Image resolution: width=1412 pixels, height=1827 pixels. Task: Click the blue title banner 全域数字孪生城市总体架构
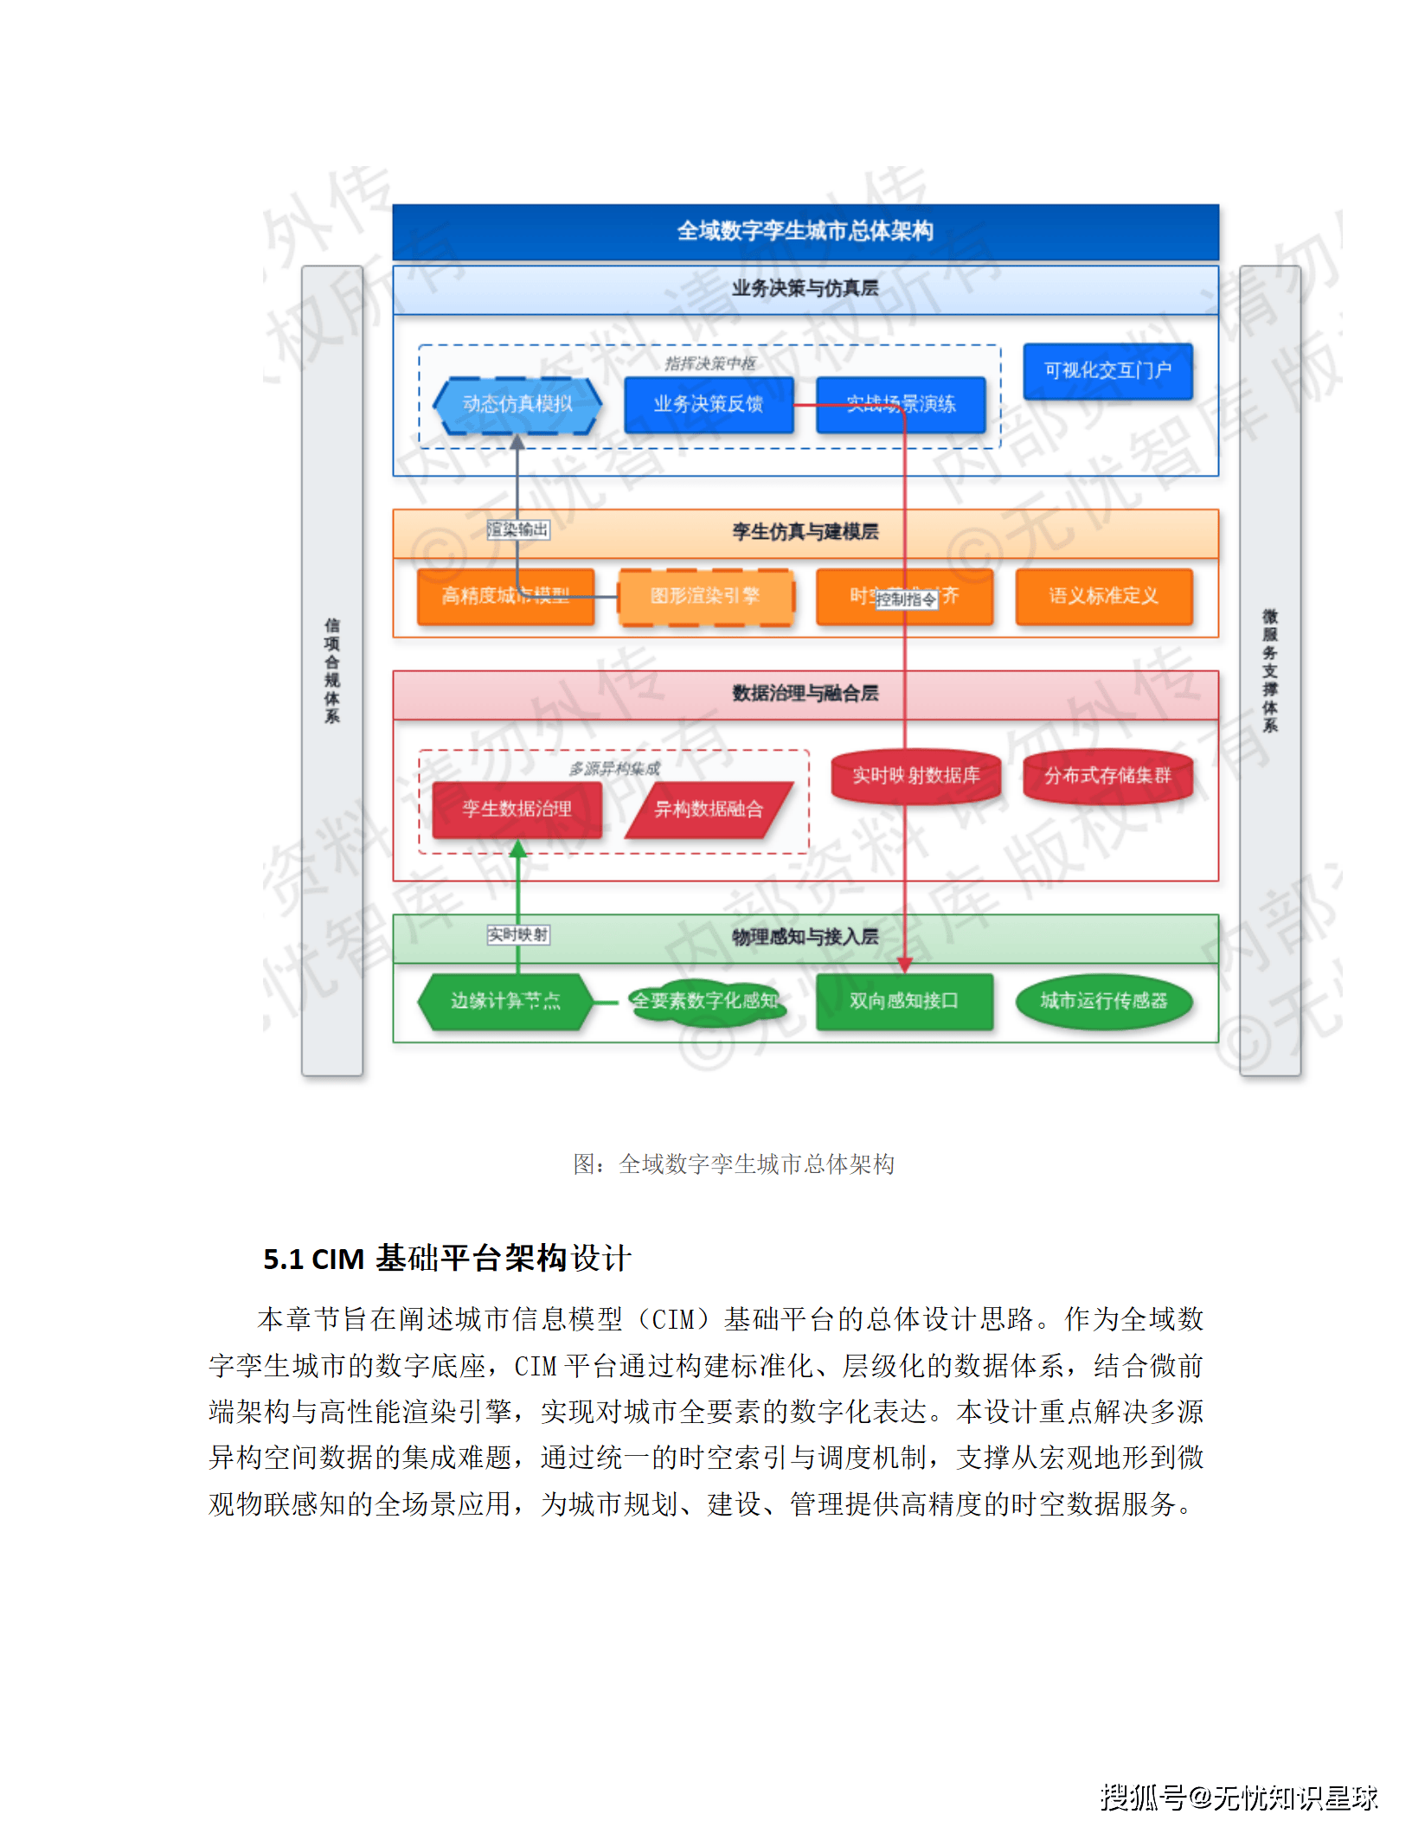coord(805,231)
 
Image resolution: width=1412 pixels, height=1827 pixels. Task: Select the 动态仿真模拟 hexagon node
coord(517,404)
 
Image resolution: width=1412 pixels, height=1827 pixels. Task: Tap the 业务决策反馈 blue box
coord(708,404)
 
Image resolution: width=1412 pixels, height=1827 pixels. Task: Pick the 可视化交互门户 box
coord(1107,371)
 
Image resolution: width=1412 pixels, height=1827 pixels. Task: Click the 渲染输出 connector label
coord(517,529)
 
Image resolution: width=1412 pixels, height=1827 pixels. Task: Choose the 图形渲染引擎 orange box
coord(705,596)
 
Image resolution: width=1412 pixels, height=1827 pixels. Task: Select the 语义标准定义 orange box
coord(1103,596)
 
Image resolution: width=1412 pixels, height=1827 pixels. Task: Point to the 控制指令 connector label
coord(906,599)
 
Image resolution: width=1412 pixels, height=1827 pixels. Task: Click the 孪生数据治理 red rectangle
coord(517,809)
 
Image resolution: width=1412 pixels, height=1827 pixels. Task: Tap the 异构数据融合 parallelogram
coord(708,810)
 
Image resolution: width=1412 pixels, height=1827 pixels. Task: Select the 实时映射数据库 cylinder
coord(915,776)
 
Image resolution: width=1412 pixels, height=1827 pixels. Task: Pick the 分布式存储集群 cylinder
coord(1107,776)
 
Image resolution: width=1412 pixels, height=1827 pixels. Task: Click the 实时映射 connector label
coord(517,934)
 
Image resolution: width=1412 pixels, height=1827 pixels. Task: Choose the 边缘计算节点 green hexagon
coord(505,1001)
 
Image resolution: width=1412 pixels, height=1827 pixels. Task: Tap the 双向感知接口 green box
coord(903,1001)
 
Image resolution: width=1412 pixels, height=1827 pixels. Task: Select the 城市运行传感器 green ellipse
coord(1103,1001)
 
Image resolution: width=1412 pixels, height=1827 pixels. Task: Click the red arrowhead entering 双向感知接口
coord(905,965)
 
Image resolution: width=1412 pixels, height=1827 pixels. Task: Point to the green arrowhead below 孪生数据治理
coord(517,849)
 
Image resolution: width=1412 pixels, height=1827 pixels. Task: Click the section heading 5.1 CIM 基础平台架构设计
coord(447,1259)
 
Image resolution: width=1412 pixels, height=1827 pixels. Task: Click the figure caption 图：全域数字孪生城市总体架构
coord(734,1164)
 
